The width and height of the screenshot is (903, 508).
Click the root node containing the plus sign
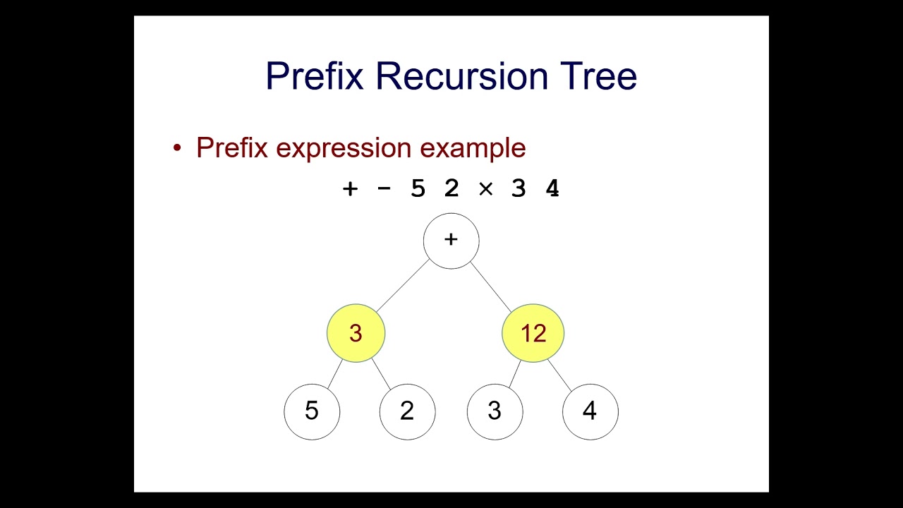451,241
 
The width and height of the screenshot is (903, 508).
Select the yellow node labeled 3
356,333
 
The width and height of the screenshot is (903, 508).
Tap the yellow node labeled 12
533,333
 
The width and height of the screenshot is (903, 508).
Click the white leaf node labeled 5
312,411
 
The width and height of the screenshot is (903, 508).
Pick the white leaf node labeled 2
407,411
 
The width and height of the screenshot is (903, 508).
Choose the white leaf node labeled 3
495,411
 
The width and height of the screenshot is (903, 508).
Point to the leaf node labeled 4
590,411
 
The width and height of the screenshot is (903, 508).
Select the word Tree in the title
598,76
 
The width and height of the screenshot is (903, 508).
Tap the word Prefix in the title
315,76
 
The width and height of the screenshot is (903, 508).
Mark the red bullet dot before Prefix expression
177,149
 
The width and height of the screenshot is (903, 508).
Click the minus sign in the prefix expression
384,189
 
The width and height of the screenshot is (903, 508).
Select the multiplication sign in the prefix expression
485,189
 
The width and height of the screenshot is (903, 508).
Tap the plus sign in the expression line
350,189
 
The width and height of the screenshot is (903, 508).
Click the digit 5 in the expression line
418,189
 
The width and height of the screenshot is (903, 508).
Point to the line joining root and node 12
490,286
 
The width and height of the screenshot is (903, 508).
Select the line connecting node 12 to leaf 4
559,375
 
